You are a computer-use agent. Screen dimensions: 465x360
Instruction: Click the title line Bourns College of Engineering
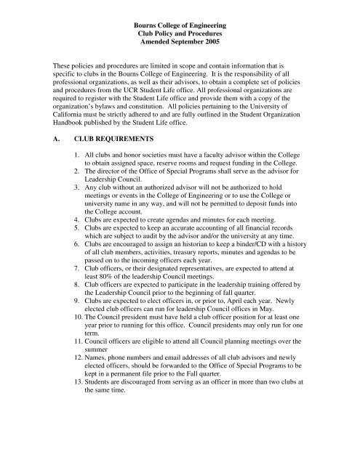coord(179,15)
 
